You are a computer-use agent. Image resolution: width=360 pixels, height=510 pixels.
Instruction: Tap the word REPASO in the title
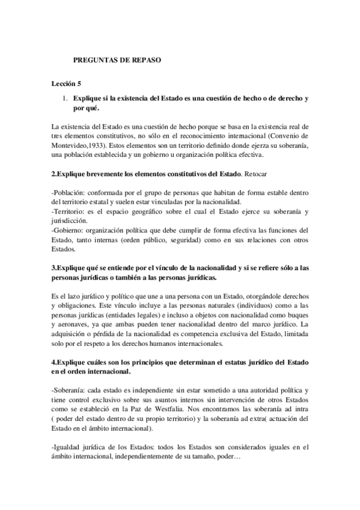tap(147, 61)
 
